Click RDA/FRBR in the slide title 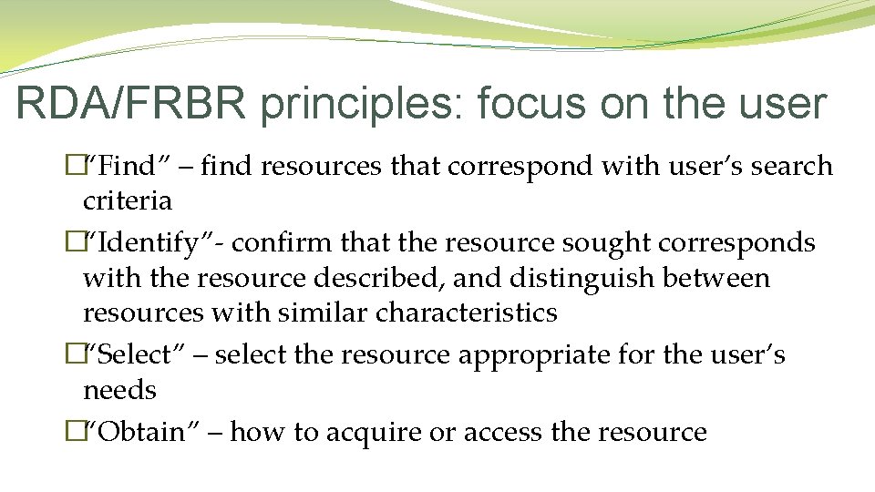(x=131, y=105)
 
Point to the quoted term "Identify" (x=149, y=243)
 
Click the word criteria (x=128, y=200)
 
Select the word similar (x=324, y=313)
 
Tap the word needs (x=119, y=390)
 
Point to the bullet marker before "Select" (x=74, y=355)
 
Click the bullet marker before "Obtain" (x=74, y=432)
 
